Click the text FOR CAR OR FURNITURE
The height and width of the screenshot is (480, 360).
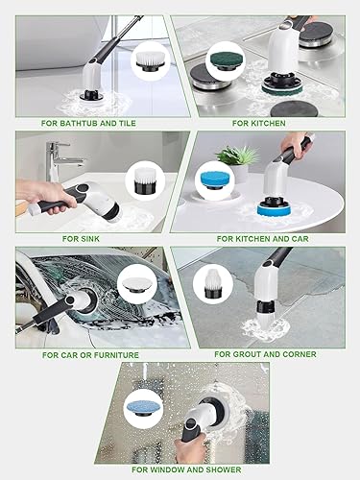click(x=89, y=354)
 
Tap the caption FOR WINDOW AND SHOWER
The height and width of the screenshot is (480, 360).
click(x=181, y=469)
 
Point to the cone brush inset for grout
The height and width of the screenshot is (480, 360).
click(x=210, y=283)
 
